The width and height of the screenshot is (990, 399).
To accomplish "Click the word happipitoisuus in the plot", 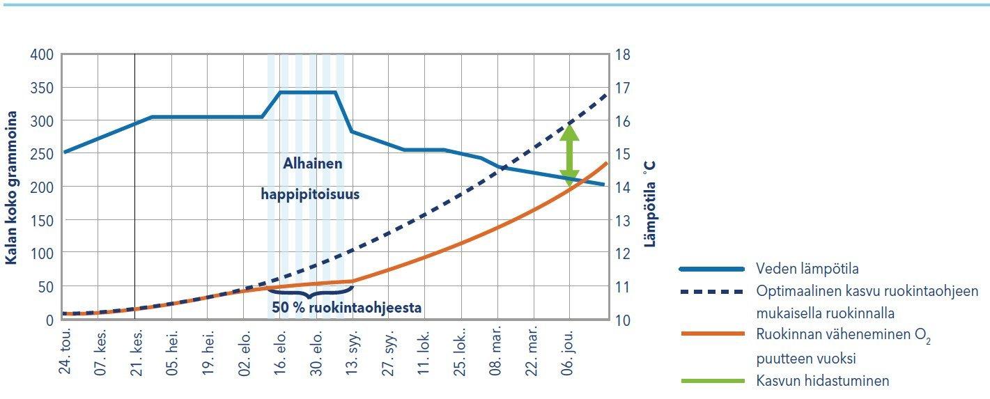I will coord(310,194).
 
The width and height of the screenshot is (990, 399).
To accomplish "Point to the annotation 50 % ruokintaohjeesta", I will coord(346,307).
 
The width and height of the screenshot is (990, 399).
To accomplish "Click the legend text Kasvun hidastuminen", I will coord(822,381).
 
